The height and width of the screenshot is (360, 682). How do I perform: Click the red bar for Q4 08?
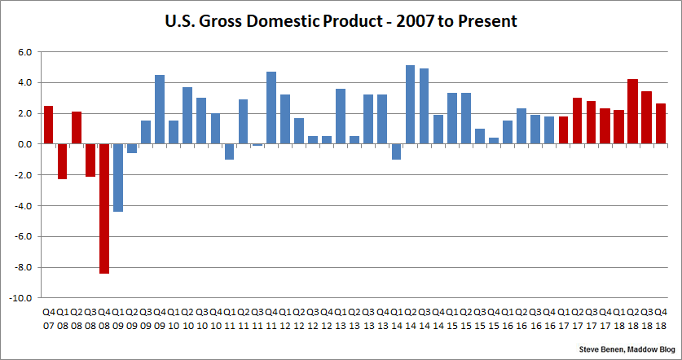104,209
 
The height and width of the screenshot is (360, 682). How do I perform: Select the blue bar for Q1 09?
118,178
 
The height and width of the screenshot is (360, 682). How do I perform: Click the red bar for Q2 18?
632,112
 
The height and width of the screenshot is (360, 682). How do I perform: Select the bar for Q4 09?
160,109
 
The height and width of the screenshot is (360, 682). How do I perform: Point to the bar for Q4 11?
271,108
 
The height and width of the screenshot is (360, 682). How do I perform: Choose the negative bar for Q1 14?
396,151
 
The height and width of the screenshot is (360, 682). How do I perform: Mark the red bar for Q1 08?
62,161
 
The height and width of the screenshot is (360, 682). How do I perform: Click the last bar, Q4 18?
660,124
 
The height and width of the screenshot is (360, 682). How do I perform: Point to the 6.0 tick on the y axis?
24,51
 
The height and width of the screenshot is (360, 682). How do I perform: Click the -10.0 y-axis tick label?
21,298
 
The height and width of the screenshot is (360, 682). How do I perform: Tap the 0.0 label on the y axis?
24,144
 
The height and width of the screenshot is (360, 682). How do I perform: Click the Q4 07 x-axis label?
48,317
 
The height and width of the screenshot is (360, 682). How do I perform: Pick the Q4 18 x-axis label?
661,317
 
